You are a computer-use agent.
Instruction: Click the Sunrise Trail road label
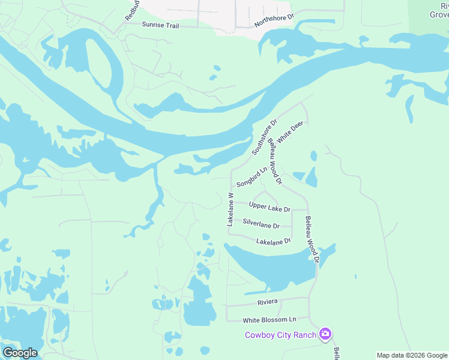click(160, 25)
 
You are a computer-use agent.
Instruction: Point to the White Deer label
click(291, 131)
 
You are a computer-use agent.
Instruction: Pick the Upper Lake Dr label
click(270, 208)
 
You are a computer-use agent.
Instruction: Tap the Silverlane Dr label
click(261, 224)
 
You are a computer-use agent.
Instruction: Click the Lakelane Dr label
click(273, 241)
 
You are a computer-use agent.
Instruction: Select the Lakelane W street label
click(230, 209)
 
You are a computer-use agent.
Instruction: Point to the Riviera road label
click(267, 301)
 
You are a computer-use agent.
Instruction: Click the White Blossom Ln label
click(270, 320)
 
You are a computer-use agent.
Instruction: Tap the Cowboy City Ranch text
click(281, 334)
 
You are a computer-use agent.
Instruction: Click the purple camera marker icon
click(325, 334)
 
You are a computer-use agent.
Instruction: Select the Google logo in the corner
click(20, 353)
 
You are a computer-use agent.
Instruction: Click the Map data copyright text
click(412, 355)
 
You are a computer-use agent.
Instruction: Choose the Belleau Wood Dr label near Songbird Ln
click(275, 161)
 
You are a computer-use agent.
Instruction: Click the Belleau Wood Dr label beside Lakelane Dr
click(312, 239)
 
